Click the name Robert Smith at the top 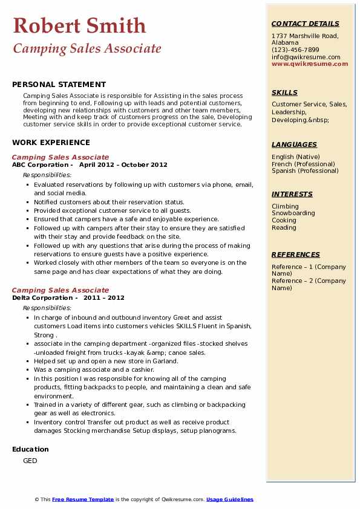[x=79, y=25]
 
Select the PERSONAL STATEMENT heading [x=59, y=85]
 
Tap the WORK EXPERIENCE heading [x=51, y=143]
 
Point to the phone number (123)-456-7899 [x=295, y=50]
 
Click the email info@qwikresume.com [x=306, y=57]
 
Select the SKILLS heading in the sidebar [x=284, y=92]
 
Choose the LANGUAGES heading [x=294, y=144]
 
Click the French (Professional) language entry [x=303, y=164]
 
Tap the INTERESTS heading [x=292, y=194]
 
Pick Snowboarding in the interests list [x=293, y=213]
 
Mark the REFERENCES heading [x=295, y=254]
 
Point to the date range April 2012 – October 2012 [x=123, y=165]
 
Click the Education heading [x=30, y=449]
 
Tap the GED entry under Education [x=30, y=461]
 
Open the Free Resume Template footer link [x=83, y=499]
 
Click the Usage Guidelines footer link [x=230, y=499]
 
